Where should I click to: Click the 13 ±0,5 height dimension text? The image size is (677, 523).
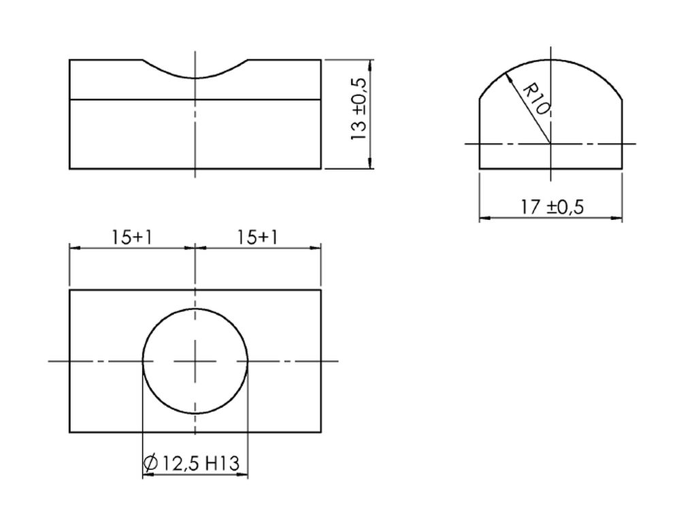(x=359, y=108)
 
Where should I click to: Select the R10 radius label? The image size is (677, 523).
(x=536, y=100)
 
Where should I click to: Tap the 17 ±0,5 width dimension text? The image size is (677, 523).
(x=551, y=207)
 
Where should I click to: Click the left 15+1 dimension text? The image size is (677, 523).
(x=132, y=237)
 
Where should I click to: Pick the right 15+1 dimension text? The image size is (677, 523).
(x=257, y=237)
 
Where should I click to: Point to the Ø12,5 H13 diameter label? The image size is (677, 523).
(x=191, y=463)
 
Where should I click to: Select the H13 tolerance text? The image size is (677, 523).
(x=222, y=463)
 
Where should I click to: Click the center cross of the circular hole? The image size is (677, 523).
(x=195, y=361)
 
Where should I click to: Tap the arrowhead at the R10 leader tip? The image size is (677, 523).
(x=508, y=77)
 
